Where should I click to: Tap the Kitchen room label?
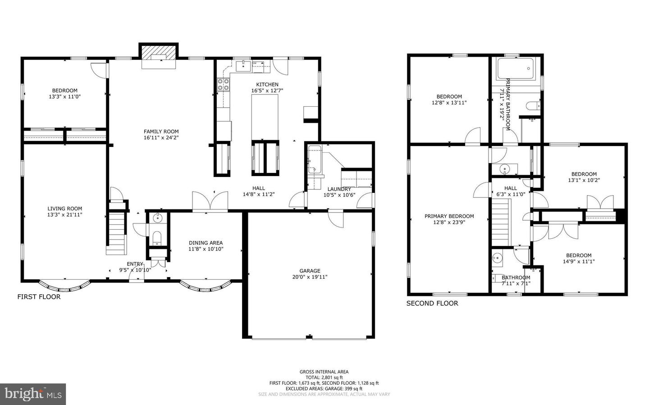tap(267, 85)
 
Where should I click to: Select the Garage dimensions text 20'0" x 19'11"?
tap(310, 277)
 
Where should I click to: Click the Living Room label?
tap(65, 209)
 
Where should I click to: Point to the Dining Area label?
tap(206, 243)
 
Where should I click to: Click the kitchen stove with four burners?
tap(224, 85)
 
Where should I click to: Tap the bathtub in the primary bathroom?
tap(516, 68)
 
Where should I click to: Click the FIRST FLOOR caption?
tap(39, 297)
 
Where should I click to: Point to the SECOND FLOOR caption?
tap(432, 304)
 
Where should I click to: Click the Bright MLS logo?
tap(33, 394)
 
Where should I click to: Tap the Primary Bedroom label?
tap(449, 216)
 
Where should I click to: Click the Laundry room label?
tap(339, 189)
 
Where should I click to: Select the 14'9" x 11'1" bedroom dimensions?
tap(579, 261)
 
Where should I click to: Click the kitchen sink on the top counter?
tap(243, 66)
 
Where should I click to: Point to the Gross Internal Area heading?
tap(324, 372)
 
